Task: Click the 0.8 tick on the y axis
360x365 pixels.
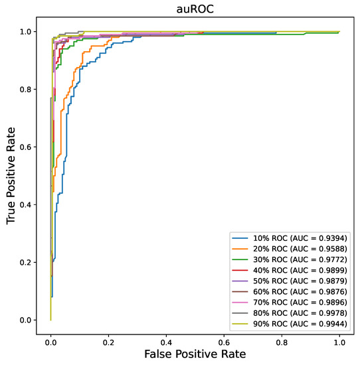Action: click(x=26, y=89)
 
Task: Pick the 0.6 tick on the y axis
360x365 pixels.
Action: click(x=26, y=147)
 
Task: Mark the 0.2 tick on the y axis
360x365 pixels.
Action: click(x=26, y=262)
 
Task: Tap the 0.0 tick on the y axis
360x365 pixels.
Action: click(x=26, y=320)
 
